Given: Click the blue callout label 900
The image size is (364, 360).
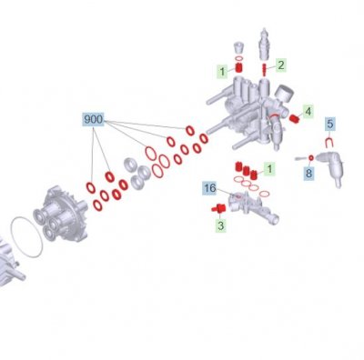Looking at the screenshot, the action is (x=94, y=119).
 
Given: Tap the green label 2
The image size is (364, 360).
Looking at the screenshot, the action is (x=281, y=65).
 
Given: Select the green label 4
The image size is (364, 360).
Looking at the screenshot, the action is (x=308, y=112).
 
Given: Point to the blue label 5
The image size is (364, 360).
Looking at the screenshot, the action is (x=330, y=124).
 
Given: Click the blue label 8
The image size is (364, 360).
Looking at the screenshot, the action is (x=308, y=174).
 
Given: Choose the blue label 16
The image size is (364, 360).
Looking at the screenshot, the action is (x=209, y=188).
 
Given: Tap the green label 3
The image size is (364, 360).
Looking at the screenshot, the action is (x=220, y=225).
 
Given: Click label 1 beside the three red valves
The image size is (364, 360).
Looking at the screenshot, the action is (x=269, y=168).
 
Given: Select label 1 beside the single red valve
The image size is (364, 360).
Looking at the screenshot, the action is (x=222, y=72).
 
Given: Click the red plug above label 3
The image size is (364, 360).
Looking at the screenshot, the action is (x=218, y=208).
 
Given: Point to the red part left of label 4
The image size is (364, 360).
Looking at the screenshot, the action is (x=293, y=119).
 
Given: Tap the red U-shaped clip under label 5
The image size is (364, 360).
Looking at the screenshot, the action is (x=329, y=143).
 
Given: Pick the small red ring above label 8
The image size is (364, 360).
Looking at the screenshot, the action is (x=311, y=157).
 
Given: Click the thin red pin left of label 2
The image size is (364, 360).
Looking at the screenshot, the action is (x=264, y=71).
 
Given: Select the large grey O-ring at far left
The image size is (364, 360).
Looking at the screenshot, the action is (x=26, y=237).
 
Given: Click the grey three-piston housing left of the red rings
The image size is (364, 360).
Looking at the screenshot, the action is (x=61, y=214).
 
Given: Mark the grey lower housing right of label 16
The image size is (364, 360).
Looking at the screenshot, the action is (x=253, y=208).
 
